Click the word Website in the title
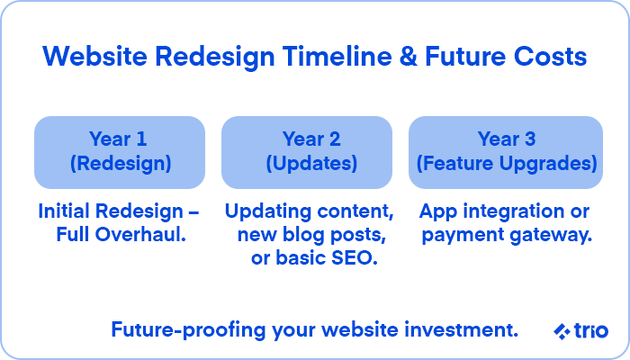[94, 56]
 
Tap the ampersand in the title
[409, 56]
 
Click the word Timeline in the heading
[337, 56]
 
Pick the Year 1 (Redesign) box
[120, 152]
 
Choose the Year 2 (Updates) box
[307, 152]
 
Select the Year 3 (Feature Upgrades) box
[506, 152]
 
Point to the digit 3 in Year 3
[530, 139]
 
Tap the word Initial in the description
[64, 211]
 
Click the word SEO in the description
[354, 258]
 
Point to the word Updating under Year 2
[266, 211]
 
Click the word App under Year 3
[438, 211]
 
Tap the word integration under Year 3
[514, 211]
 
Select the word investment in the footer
[461, 329]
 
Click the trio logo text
[591, 330]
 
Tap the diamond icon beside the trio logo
[562, 331]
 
